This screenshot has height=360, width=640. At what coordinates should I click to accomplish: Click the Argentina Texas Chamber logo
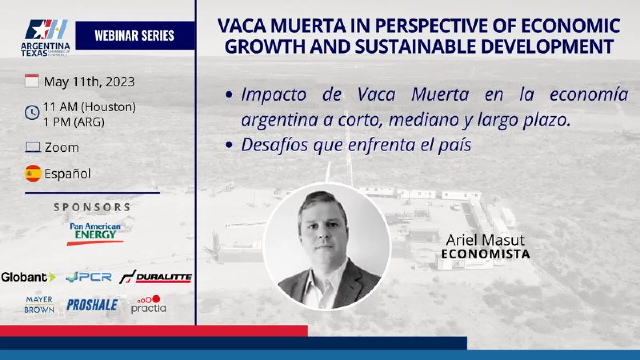46,38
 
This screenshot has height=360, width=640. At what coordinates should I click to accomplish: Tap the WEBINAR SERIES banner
135,36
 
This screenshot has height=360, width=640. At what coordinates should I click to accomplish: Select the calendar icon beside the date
32,81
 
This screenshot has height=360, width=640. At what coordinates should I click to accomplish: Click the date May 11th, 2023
89,82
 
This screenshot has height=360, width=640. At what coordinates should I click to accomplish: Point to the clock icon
32,112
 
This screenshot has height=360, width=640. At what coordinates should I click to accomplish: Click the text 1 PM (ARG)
74,122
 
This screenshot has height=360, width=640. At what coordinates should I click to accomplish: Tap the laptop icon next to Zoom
32,148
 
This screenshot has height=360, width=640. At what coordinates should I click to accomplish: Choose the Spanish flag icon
33,173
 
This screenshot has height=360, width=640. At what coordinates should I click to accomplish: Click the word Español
68,174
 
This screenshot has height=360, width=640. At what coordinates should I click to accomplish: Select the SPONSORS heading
92,207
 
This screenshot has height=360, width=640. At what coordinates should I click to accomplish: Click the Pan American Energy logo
96,234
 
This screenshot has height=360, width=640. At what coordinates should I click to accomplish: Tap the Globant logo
28,277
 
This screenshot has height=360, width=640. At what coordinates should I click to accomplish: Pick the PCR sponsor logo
88,277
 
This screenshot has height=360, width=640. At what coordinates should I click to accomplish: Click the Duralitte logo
156,277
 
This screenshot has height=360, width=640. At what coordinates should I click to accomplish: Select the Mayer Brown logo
40,304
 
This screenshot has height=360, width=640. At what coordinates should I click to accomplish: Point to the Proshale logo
92,305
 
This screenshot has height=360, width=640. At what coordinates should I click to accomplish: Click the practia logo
148,304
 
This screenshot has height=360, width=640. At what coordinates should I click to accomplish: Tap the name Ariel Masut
486,240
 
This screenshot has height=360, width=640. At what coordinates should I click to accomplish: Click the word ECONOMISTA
486,254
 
